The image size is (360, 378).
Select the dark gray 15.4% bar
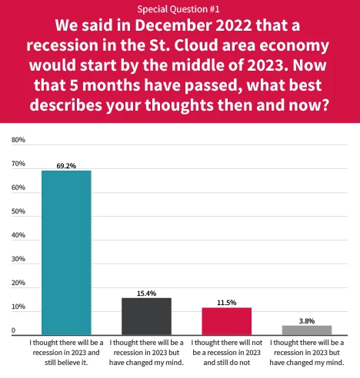tap(146, 316)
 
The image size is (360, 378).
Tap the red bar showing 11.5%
tap(226, 320)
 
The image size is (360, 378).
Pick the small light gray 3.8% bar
tap(306, 330)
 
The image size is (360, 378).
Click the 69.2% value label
tap(66, 164)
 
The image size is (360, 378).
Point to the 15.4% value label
tap(146, 293)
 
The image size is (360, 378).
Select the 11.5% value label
tap(226, 302)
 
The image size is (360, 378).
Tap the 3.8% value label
tap(306, 320)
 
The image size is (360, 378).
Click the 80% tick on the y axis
tap(19, 141)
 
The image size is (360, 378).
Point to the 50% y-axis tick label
tap(19, 212)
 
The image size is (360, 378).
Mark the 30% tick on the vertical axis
tap(19, 260)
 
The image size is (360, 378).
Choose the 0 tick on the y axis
tap(13, 331)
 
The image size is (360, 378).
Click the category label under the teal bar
tap(66, 351)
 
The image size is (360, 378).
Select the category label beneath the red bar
tap(226, 351)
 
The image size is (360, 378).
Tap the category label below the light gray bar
tap(306, 351)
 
